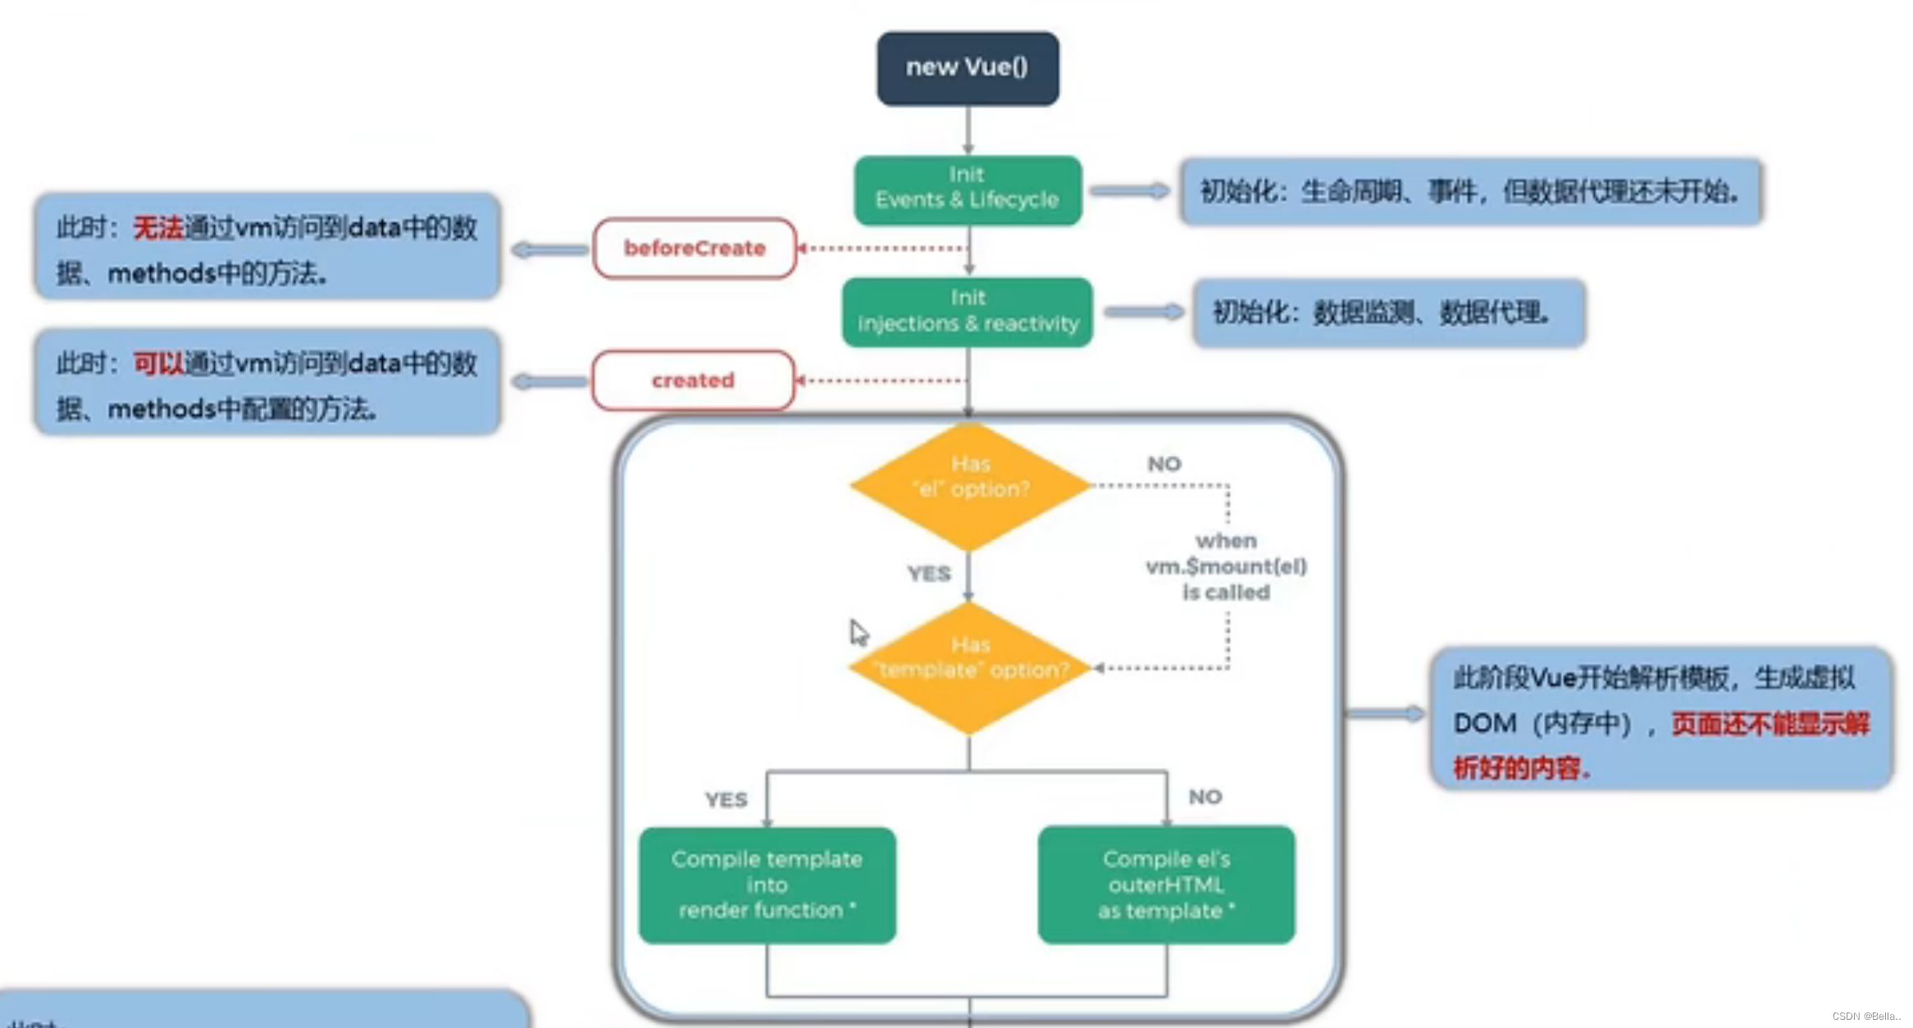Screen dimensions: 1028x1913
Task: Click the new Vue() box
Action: point(968,68)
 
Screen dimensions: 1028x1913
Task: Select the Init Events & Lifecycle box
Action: point(968,189)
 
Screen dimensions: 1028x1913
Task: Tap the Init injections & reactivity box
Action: point(968,312)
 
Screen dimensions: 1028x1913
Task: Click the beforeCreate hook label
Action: point(695,248)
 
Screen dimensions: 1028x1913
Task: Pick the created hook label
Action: point(693,380)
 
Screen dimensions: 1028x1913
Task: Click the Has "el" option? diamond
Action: point(970,485)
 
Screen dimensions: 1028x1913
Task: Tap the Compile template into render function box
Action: point(767,885)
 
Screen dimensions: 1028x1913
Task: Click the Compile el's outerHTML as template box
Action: point(1166,885)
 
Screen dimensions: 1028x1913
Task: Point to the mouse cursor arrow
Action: point(857,632)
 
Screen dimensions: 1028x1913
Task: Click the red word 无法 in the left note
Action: point(158,227)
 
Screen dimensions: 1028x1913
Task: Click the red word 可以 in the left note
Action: point(158,363)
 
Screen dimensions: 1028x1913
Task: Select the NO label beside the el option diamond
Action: point(1164,464)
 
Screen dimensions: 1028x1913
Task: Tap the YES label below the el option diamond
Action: point(928,574)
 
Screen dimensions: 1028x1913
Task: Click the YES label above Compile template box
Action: point(726,799)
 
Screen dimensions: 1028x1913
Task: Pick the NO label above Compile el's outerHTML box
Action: point(1205,797)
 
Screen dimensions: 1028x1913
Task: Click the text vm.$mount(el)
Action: point(1226,566)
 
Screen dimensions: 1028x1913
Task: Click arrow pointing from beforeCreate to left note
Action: point(548,249)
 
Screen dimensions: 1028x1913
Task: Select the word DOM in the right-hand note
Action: point(1484,723)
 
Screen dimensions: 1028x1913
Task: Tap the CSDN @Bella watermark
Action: point(1865,1016)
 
